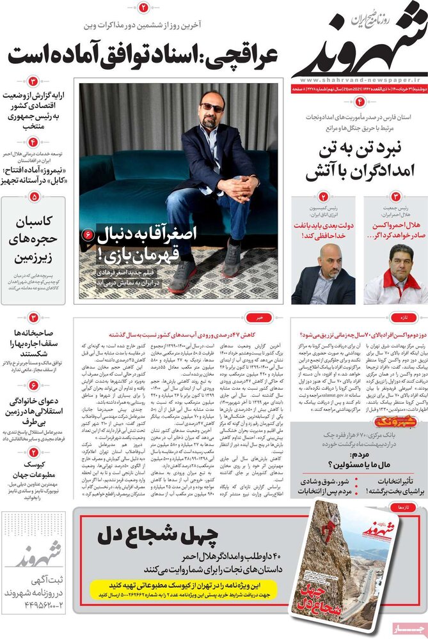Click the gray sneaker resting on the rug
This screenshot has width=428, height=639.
pyautogui.click(x=184, y=275)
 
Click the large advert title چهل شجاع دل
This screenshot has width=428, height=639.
pyautogui.click(x=151, y=535)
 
